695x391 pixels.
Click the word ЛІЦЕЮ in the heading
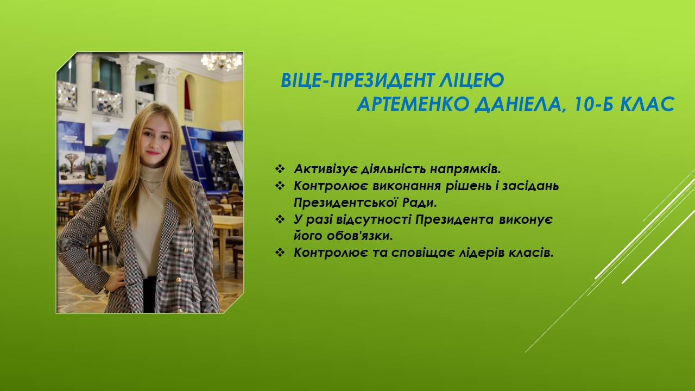pos(472,80)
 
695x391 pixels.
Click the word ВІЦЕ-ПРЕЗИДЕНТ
pos(357,80)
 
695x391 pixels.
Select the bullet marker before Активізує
pos(280,169)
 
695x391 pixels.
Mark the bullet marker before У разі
pos(280,219)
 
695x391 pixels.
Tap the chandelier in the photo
pos(221,61)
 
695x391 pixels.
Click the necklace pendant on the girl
pos(151,190)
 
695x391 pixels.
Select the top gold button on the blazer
pos(186,250)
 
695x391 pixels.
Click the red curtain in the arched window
pos(187,94)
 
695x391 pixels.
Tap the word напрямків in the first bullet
pos(466,169)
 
